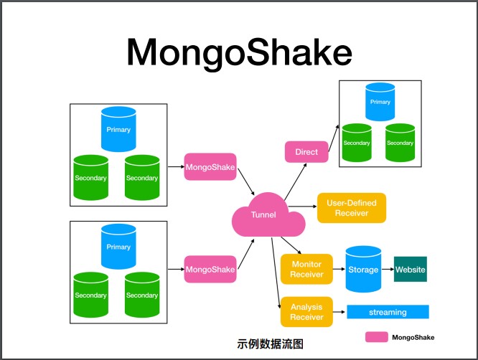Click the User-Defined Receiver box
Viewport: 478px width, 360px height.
coord(352,207)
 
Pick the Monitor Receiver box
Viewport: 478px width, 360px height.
coord(306,269)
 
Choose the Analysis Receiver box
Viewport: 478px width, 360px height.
coord(306,312)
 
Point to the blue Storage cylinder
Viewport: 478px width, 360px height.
coord(363,270)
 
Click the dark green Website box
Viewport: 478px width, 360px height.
coord(410,270)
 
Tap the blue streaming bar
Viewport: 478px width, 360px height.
coord(388,312)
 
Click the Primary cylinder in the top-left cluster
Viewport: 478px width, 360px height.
coord(118,129)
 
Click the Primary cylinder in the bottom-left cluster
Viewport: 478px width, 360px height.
coord(118,247)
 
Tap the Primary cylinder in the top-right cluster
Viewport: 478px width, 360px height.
coord(380,102)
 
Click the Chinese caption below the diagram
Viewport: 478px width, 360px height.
coord(270,344)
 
